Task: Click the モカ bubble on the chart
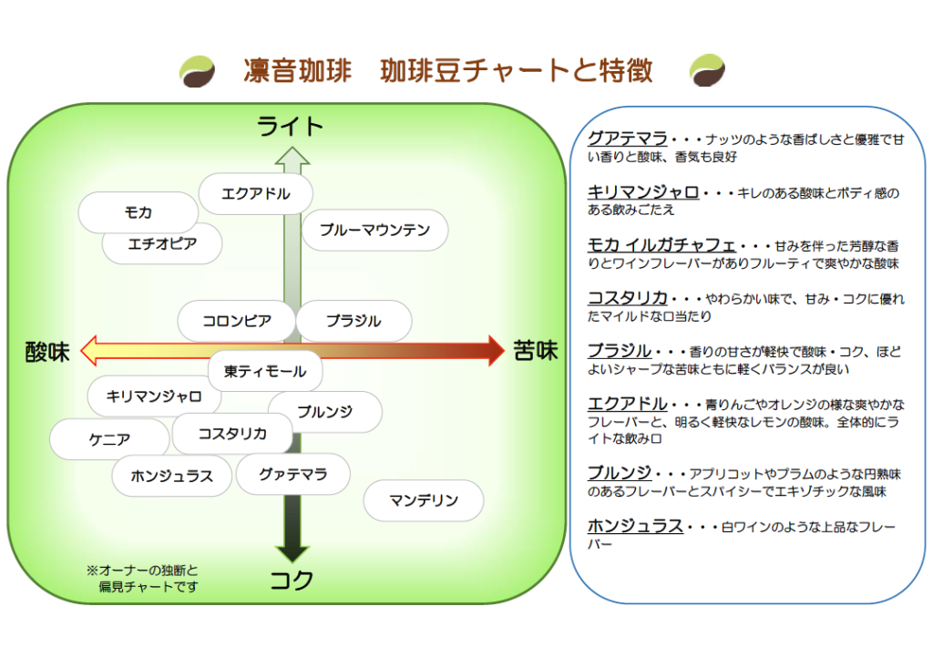click(138, 212)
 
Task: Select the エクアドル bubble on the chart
click(256, 193)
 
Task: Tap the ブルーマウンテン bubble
click(374, 230)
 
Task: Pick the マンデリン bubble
click(424, 500)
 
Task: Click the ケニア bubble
click(109, 439)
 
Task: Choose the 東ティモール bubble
click(265, 371)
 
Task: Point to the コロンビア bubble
click(237, 321)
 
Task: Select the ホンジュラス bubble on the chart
click(172, 476)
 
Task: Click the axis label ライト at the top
click(290, 127)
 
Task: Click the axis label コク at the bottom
click(291, 580)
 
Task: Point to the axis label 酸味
click(47, 352)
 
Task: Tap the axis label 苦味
click(536, 351)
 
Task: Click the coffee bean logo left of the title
click(197, 71)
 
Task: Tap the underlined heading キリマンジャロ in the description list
click(643, 192)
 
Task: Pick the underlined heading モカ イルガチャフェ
click(661, 245)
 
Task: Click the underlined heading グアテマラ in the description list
click(627, 139)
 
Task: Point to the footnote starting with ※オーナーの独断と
click(143, 579)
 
